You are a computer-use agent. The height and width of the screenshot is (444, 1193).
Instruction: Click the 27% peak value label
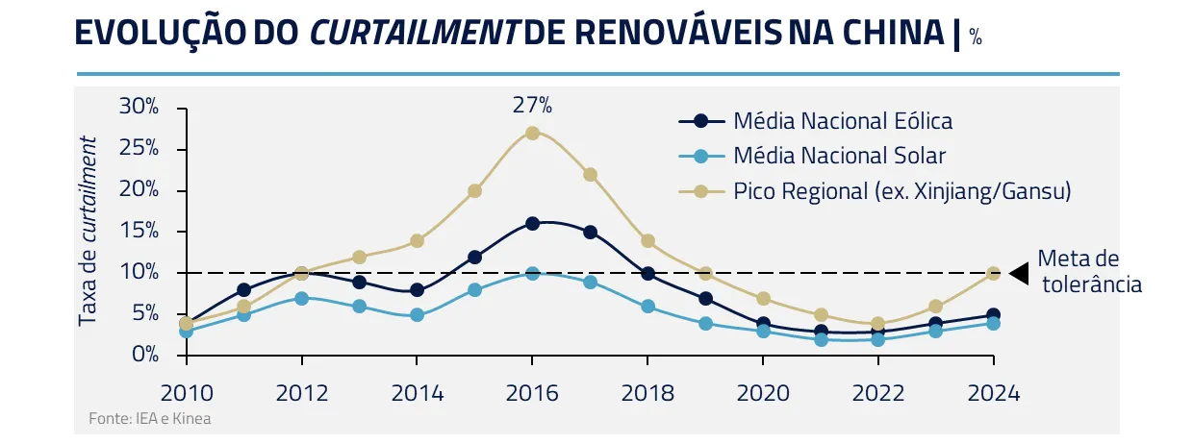(532, 104)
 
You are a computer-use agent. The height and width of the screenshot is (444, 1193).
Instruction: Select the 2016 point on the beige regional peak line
(532, 133)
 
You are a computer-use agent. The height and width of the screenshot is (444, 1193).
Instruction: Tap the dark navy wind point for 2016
(532, 223)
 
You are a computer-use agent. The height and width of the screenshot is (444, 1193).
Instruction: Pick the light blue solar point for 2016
(532, 273)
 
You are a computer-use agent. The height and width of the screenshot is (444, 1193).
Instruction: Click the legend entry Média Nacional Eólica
(842, 121)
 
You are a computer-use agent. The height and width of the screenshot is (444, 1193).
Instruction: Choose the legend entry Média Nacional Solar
(839, 156)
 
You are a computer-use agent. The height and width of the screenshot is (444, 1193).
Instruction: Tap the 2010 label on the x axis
(187, 393)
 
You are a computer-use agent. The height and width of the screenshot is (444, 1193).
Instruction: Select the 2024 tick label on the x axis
(993, 393)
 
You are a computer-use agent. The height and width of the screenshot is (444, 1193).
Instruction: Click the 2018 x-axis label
(647, 393)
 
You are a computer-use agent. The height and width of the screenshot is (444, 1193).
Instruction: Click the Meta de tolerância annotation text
(1091, 272)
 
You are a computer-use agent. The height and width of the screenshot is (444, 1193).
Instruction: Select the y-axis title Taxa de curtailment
(89, 231)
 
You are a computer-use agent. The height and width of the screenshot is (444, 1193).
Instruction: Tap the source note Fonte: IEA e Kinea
(149, 419)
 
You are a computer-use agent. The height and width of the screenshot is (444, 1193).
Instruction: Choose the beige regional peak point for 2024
(993, 273)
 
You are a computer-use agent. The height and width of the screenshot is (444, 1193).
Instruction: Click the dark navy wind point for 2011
(244, 289)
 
